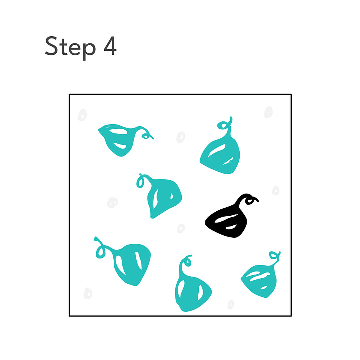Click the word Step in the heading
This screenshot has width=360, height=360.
(x=70, y=48)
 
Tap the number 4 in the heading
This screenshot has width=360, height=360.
(x=110, y=46)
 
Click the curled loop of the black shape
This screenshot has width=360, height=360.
(x=250, y=201)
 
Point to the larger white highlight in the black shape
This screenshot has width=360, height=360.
(x=226, y=219)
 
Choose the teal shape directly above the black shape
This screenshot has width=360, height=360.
(x=221, y=149)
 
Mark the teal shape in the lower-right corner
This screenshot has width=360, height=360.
(x=260, y=279)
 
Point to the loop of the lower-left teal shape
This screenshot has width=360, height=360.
(x=100, y=252)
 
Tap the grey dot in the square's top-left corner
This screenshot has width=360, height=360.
(x=82, y=115)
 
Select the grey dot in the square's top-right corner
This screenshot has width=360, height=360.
(x=268, y=112)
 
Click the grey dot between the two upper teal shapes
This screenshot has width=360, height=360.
(x=181, y=137)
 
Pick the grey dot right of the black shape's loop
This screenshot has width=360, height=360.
(x=276, y=190)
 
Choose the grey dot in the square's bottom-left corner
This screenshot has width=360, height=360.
(x=88, y=293)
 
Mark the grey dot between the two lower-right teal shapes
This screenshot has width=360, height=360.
(x=231, y=305)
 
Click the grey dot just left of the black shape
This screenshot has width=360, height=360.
(x=181, y=228)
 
